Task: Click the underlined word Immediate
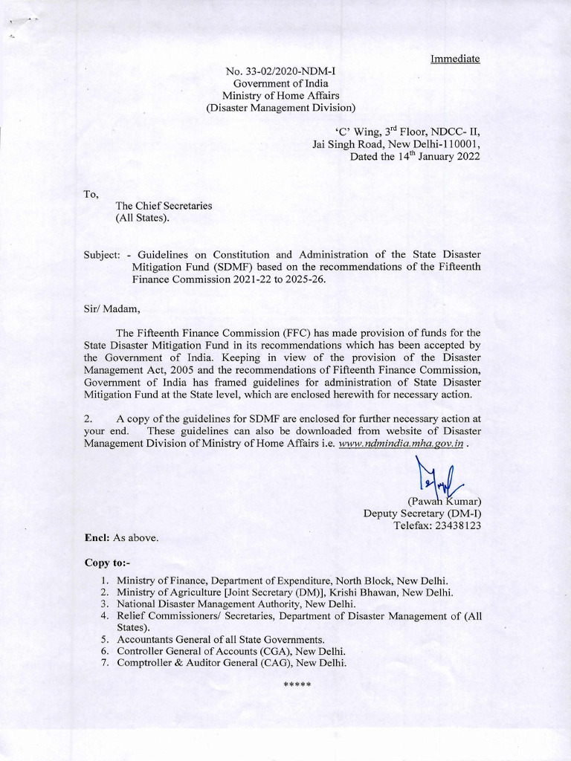coord(455,59)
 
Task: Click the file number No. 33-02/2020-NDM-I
coord(280,72)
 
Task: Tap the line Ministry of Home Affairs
coord(280,96)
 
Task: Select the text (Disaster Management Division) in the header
coord(280,108)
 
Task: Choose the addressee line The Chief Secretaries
coord(164,206)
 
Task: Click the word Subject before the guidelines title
coord(101,254)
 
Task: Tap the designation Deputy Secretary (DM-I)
coord(422,513)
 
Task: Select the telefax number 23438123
coord(455,525)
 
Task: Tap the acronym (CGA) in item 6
coord(252,651)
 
